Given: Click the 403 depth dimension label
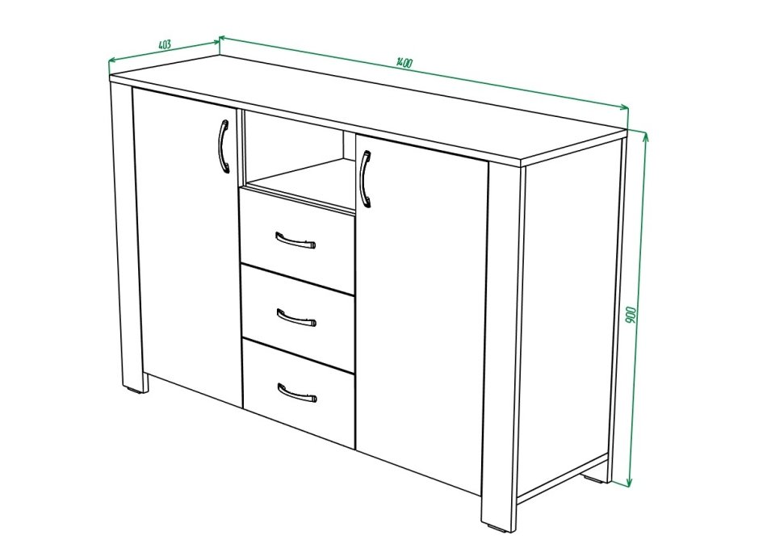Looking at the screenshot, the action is pos(165,44).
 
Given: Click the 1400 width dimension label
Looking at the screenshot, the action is pos(404,63).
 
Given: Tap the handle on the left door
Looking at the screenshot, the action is pos(223,147).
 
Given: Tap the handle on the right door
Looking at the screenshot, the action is pos(365,179).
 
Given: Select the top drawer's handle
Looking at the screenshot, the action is pos(295,240).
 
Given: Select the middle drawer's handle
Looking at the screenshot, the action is pos(296,317).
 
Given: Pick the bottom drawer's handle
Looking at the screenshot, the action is pos(297,392).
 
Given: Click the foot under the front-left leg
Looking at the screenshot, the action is pos(133,391).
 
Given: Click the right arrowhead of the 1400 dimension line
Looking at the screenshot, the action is pos(624,108).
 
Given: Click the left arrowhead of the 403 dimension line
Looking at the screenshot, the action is pos(112,61).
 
